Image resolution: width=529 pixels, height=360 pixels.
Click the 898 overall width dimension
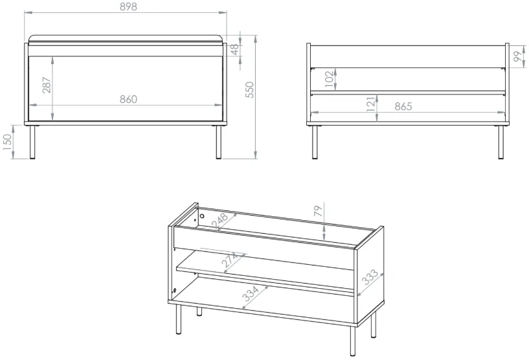[129, 6]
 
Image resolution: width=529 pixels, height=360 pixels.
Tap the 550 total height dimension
[250, 90]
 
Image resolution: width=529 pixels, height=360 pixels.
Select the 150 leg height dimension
[7, 142]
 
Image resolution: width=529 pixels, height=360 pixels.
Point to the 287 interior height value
[47, 85]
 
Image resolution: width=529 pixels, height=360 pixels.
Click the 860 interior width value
[129, 99]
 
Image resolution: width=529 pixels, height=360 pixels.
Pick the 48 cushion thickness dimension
[235, 49]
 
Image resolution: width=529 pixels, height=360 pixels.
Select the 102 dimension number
[330, 78]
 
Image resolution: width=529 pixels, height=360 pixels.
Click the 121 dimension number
[370, 104]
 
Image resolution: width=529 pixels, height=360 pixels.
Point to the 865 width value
[403, 106]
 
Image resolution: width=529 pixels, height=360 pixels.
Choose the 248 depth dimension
[220, 221]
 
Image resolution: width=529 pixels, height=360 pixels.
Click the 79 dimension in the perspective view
[318, 211]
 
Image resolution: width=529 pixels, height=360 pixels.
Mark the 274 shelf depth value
[231, 260]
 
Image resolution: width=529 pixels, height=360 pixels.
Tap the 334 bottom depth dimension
[251, 293]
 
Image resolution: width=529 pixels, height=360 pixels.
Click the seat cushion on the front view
[126, 39]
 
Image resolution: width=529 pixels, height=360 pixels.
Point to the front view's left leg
[32, 142]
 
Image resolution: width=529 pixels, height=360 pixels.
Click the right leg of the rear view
[501, 142]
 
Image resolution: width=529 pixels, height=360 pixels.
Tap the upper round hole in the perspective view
[202, 216]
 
